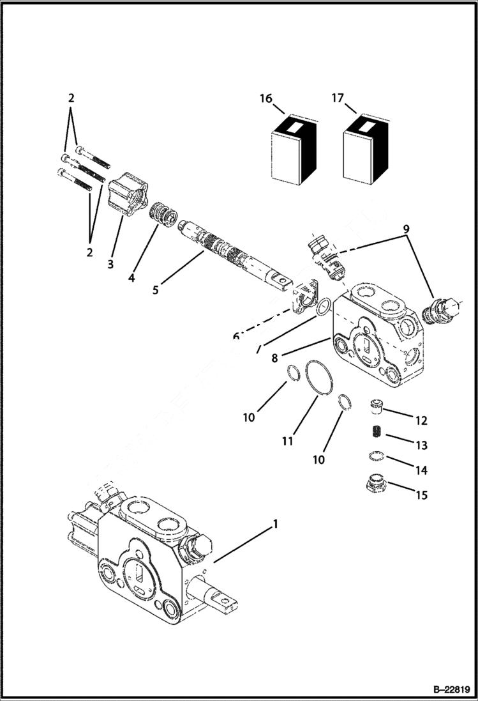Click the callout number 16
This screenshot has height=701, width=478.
point(265,98)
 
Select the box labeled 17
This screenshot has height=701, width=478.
point(366,148)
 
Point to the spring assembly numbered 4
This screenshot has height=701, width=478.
point(164,213)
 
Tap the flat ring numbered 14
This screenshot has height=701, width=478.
point(377,456)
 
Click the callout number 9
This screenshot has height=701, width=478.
point(406,228)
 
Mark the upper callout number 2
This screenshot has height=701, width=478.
point(71,98)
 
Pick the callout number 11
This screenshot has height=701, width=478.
point(288,441)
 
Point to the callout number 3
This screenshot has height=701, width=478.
point(110,264)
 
